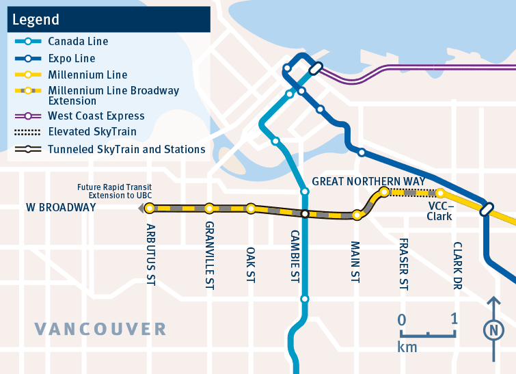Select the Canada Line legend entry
(77, 42)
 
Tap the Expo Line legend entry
(72, 59)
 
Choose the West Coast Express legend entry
(96, 116)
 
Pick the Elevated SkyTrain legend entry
(92, 132)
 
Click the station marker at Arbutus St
(150, 208)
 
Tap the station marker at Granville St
(209, 208)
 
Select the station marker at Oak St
(251, 208)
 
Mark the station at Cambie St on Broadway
(305, 214)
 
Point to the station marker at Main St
(356, 215)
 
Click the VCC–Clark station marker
(441, 193)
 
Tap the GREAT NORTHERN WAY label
(368, 181)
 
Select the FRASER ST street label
(403, 265)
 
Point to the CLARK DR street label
(457, 265)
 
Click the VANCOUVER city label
(100, 329)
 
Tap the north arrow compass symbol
(492, 330)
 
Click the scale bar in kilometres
(427, 333)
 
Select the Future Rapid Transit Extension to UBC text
(114, 191)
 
